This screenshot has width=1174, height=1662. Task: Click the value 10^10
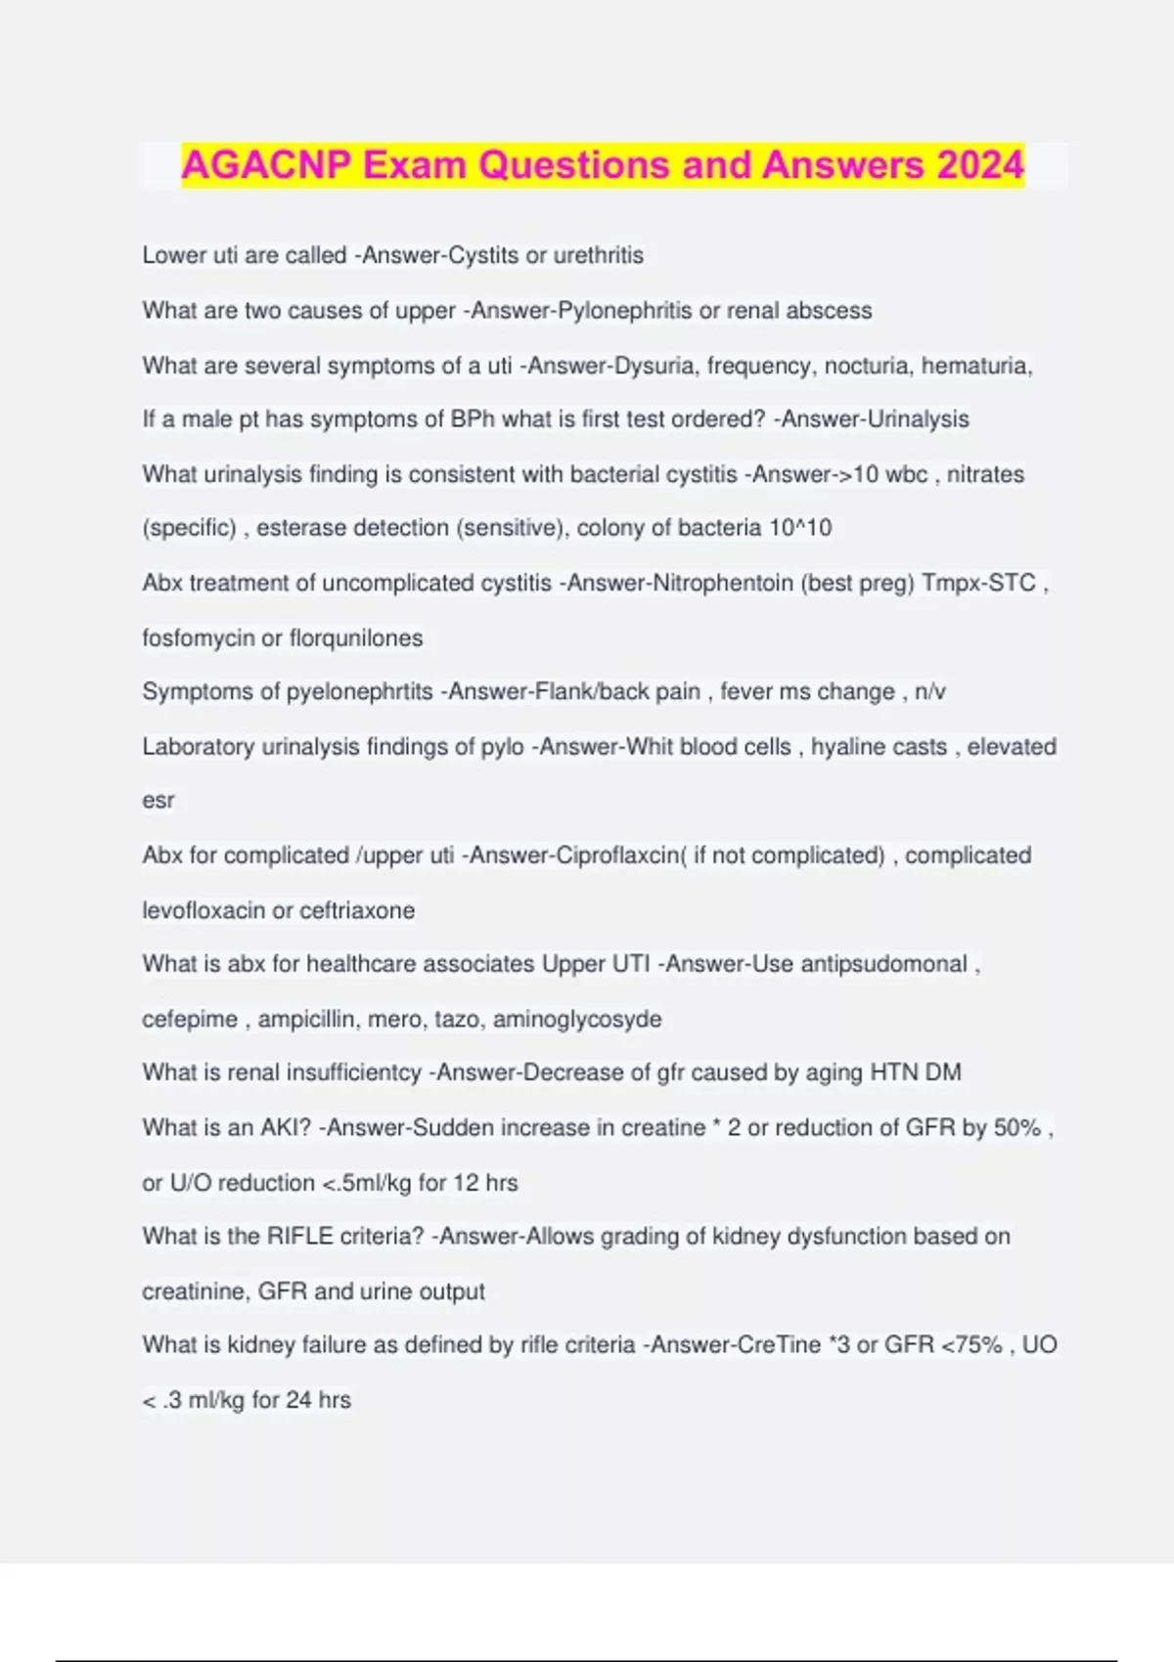click(800, 528)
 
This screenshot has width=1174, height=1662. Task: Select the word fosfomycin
click(198, 638)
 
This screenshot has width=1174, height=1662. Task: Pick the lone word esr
click(158, 801)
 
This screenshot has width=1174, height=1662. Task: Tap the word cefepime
click(190, 1020)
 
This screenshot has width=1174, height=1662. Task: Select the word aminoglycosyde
click(577, 1020)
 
